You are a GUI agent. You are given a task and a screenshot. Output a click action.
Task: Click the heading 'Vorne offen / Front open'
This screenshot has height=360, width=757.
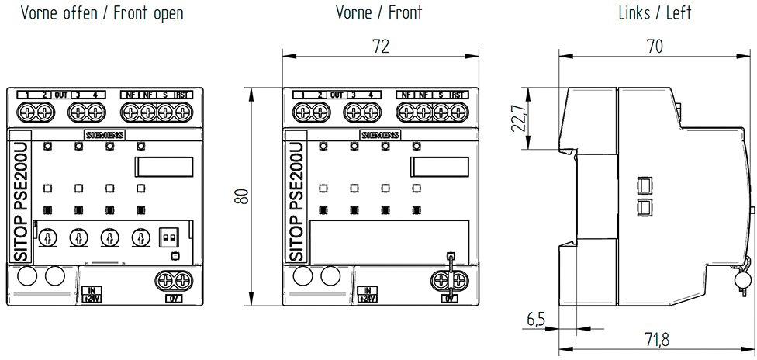(x=102, y=13)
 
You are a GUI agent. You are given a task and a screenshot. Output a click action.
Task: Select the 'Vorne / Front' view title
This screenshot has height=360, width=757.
(x=378, y=13)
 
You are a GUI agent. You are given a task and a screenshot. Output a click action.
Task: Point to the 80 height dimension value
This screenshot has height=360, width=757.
(x=243, y=197)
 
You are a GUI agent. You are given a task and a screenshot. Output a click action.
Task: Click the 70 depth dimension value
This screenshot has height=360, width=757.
(x=655, y=47)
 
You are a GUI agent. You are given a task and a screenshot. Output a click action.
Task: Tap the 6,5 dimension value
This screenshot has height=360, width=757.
(x=536, y=319)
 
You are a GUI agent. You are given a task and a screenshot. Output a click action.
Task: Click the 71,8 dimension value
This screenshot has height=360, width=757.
(x=655, y=339)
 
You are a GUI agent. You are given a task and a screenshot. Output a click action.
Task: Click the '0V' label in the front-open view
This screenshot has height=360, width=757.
(x=172, y=298)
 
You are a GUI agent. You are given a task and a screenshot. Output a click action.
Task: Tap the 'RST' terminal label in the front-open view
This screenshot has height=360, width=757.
(x=183, y=95)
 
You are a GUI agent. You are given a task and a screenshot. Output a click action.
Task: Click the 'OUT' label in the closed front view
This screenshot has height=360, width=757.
(x=336, y=95)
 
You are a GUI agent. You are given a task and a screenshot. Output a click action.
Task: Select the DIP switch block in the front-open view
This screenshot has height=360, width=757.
(x=168, y=237)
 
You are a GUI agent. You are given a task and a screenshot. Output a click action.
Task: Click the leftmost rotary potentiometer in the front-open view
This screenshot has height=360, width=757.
(x=47, y=238)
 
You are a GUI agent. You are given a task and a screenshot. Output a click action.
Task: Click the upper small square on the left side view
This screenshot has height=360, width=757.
(x=643, y=185)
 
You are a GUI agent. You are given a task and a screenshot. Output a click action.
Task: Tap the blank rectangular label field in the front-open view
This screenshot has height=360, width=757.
(x=164, y=167)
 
